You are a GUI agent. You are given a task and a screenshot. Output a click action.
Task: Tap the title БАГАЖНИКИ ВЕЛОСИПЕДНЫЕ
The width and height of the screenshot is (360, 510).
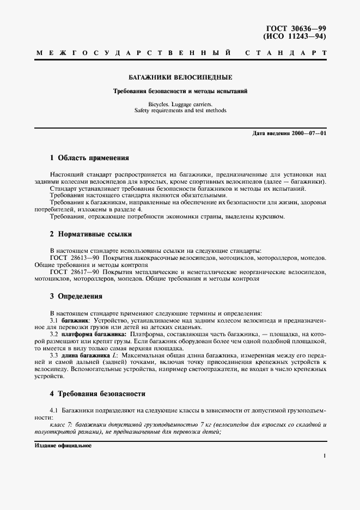(180, 78)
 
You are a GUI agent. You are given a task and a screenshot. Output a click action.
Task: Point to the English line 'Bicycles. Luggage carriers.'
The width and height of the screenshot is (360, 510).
(180, 104)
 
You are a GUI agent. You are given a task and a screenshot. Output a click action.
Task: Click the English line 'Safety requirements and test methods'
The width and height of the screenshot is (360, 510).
(180, 110)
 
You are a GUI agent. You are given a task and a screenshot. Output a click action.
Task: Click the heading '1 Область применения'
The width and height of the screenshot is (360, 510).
(89, 157)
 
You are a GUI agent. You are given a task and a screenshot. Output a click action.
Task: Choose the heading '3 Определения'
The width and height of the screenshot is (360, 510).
(76, 296)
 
